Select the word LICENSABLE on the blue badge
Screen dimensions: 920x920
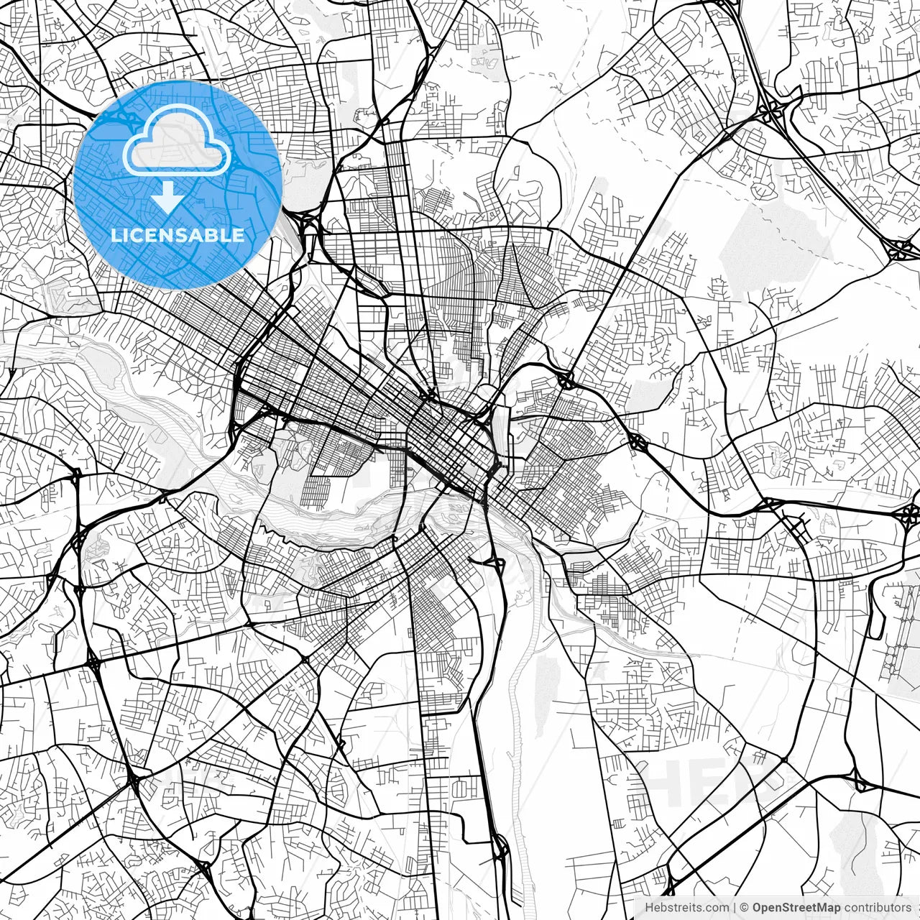(x=178, y=235)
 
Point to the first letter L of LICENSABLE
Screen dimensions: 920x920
(x=115, y=235)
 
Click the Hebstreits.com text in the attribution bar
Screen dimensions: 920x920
(x=686, y=908)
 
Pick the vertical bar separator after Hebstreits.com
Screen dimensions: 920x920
(x=734, y=908)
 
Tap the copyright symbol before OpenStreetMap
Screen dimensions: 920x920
(x=745, y=908)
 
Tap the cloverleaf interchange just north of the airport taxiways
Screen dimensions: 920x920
(x=908, y=514)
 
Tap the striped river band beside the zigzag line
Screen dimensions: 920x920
(x=338, y=517)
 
